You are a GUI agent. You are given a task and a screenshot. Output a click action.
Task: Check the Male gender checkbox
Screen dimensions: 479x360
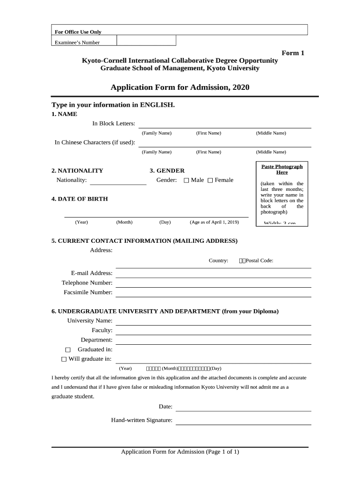pyautogui.click(x=187, y=181)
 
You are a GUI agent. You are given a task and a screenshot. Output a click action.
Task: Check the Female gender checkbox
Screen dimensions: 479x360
pyautogui.click(x=210, y=181)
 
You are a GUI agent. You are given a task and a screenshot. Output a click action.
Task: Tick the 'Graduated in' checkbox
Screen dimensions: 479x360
pyautogui.click(x=68, y=350)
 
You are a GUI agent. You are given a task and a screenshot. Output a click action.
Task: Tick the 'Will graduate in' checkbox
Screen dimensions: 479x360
pyautogui.click(x=65, y=359)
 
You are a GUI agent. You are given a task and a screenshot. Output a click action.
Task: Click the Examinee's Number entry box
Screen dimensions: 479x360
pyautogui.click(x=146, y=41)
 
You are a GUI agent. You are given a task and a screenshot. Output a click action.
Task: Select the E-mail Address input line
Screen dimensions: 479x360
pyautogui.click(x=213, y=273)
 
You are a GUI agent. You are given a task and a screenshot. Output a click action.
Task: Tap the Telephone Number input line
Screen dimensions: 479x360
pyautogui.click(x=213, y=283)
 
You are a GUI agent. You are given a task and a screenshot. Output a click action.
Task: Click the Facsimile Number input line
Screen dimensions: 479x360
pyautogui.click(x=213, y=292)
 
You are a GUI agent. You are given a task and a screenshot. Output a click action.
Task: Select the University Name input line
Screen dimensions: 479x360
pyautogui.click(x=213, y=321)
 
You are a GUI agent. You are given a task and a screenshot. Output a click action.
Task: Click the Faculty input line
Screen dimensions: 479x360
pyautogui.click(x=213, y=331)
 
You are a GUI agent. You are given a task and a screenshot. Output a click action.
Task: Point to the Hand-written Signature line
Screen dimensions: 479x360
pyautogui.click(x=243, y=421)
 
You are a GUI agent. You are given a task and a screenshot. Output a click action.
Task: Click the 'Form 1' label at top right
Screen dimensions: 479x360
pyautogui.click(x=293, y=53)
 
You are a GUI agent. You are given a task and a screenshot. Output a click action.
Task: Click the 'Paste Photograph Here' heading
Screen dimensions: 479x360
pyautogui.click(x=282, y=169)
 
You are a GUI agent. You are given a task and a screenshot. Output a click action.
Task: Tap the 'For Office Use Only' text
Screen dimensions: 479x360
pyautogui.click(x=78, y=32)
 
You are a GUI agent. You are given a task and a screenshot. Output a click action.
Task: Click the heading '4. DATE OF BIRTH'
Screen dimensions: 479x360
pyautogui.click(x=79, y=199)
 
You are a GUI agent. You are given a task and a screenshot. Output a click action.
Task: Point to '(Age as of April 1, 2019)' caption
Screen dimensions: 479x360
pyautogui.click(x=214, y=222)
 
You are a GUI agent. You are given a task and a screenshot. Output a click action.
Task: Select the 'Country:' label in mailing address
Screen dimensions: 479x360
pyautogui.click(x=218, y=261)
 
